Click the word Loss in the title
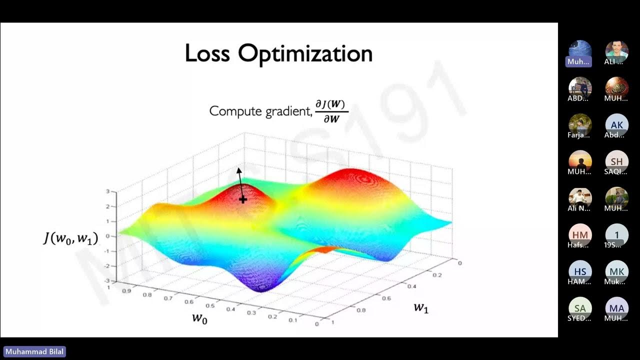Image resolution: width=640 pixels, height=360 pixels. (x=207, y=53)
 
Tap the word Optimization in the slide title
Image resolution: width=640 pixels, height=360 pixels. (x=305, y=53)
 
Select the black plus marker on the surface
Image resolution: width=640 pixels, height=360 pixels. (x=243, y=199)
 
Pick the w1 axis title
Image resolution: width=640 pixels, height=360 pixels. (x=421, y=307)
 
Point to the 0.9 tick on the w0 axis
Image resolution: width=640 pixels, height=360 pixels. (x=126, y=290)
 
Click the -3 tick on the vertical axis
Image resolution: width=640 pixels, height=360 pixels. (x=107, y=281)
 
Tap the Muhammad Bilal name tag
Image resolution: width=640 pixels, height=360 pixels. (x=34, y=352)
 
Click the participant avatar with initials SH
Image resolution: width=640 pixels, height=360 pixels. (x=616, y=161)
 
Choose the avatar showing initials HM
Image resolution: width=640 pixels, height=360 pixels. (x=580, y=234)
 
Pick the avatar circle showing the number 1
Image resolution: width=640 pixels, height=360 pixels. (x=616, y=234)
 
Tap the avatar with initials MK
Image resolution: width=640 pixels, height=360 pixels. (x=616, y=271)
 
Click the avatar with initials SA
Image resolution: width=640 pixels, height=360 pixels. (x=580, y=308)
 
